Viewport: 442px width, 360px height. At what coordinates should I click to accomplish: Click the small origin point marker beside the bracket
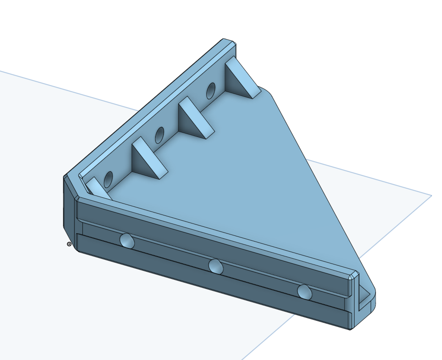click(69, 244)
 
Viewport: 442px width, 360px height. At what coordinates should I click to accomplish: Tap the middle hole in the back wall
click(159, 135)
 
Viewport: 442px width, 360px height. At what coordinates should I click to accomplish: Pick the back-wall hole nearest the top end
click(211, 90)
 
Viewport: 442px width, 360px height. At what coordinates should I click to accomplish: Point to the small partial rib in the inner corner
click(97, 188)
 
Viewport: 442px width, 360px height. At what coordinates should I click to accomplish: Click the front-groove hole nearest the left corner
click(127, 241)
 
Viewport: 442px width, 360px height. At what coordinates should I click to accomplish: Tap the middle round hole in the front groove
click(216, 266)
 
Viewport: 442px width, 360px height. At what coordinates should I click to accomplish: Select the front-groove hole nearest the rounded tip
click(304, 292)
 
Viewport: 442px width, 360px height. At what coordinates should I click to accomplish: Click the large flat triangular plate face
click(237, 177)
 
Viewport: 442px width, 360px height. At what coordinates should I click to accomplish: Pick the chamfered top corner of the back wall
click(229, 42)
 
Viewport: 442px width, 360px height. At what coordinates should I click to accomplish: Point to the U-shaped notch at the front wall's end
click(364, 296)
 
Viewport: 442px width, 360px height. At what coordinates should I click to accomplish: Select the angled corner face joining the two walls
click(69, 207)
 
